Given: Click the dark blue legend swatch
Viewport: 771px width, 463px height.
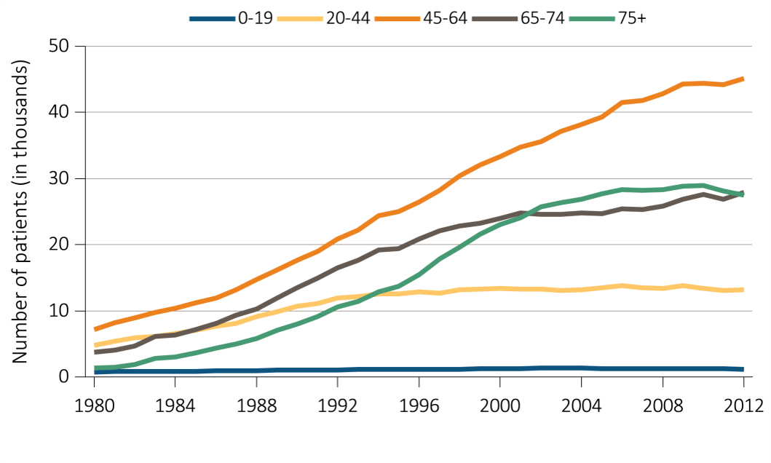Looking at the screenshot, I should (212, 19).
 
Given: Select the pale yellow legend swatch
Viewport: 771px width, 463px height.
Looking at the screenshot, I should (300, 19).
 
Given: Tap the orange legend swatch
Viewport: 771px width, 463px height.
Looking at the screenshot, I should (397, 19).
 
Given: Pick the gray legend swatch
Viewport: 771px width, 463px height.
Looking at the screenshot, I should (494, 19).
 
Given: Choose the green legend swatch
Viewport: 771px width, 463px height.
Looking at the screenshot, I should (592, 19).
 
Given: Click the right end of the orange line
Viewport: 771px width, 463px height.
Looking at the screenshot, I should (743, 78).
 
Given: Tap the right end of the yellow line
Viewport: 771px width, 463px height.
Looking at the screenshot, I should (743, 290).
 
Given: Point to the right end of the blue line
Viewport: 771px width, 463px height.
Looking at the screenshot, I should (743, 370).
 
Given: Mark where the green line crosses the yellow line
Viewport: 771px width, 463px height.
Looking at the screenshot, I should (367, 295).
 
